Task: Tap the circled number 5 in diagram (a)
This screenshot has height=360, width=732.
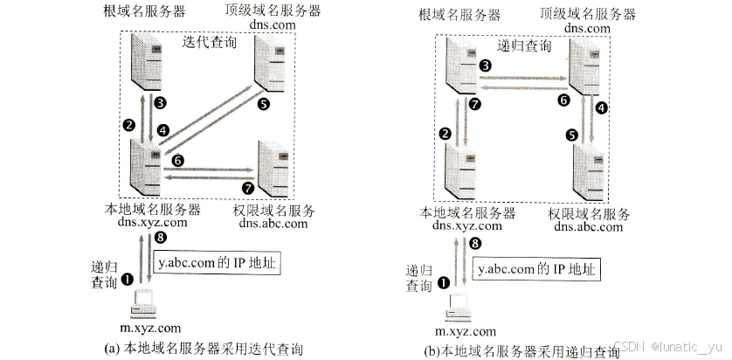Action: [265, 103]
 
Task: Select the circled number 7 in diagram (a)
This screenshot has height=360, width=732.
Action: [247, 187]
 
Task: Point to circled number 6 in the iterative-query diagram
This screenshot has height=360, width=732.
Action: [177, 161]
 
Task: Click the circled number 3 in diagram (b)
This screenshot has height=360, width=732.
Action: [485, 66]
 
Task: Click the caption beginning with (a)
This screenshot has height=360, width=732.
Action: [204, 349]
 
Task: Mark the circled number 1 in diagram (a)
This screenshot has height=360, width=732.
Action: [127, 278]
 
